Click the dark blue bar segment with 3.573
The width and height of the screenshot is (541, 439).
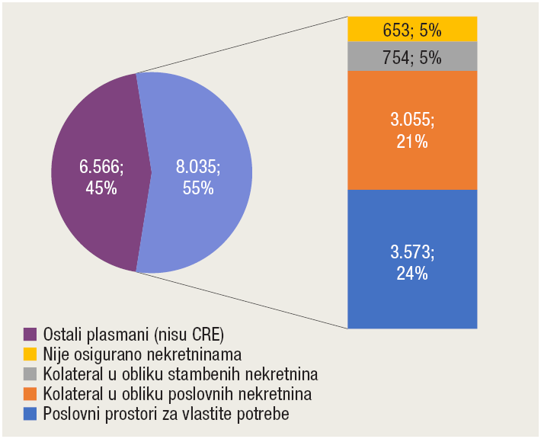pyautogui.click(x=412, y=297)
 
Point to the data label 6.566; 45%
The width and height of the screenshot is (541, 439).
pyautogui.click(x=102, y=176)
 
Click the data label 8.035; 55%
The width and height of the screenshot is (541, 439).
pyautogui.click(x=198, y=176)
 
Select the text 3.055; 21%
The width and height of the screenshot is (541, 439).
pyautogui.click(x=412, y=130)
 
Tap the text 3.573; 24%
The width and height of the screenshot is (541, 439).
pyautogui.click(x=412, y=261)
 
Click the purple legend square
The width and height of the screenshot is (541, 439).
pyautogui.click(x=30, y=335)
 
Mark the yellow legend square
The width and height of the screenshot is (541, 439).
pyautogui.click(x=30, y=354)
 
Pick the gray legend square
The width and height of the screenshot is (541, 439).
pyautogui.click(x=30, y=374)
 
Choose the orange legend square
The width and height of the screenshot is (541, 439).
pyautogui.click(x=30, y=394)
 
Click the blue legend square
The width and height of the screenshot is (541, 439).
pyautogui.click(x=30, y=414)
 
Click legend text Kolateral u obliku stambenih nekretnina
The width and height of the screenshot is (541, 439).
pyautogui.click(x=180, y=374)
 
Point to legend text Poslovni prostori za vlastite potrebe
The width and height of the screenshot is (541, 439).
pyautogui.click(x=167, y=414)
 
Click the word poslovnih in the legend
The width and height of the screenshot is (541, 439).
pyautogui.click(x=215, y=394)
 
